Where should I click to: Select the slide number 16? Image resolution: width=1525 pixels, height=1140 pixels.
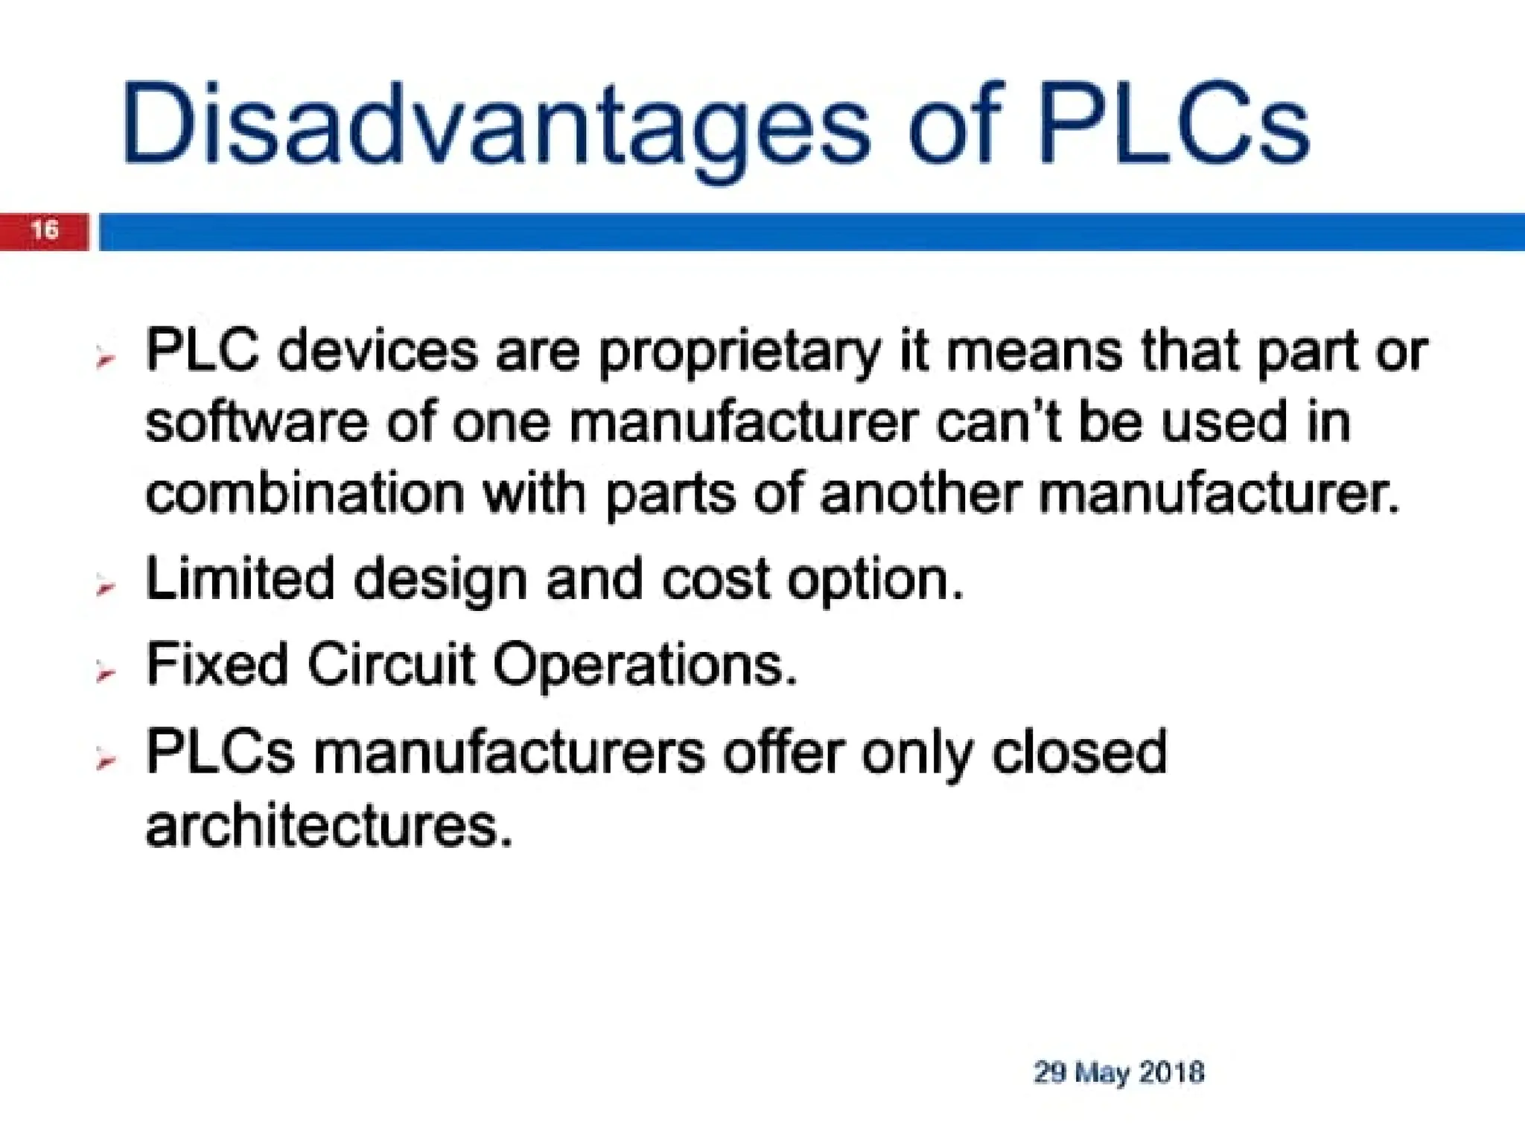coord(45,229)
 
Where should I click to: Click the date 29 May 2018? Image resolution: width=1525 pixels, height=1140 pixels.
coord(1118,1072)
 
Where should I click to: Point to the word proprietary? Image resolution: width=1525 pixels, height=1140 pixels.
coord(739,353)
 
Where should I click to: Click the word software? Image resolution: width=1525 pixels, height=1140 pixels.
coord(256,422)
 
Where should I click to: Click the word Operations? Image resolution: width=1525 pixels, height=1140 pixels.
coord(645,665)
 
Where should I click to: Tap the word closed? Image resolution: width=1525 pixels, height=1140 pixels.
coord(1079,752)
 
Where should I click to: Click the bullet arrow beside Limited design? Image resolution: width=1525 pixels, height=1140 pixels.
coord(106,587)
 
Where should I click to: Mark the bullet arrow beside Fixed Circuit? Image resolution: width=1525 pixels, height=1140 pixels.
coord(106,674)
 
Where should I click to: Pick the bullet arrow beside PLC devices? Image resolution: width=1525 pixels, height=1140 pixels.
coord(106,360)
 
